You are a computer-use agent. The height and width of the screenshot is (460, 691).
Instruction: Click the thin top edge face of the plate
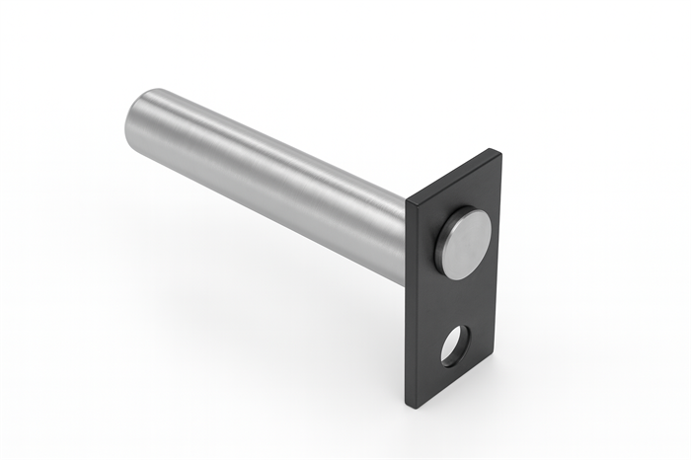(450, 176)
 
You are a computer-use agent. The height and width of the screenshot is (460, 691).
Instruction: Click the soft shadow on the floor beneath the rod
(267, 286)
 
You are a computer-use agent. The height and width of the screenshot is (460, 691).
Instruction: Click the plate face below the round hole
(444, 380)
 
